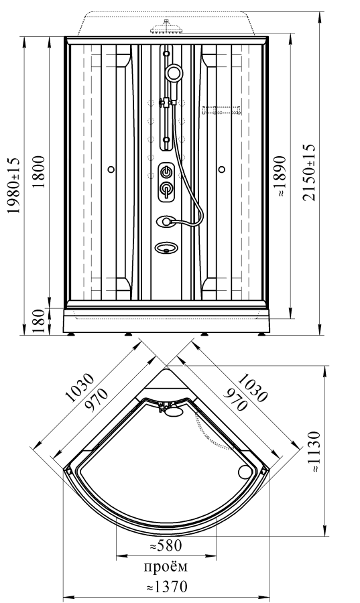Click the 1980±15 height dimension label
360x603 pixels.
(x=14, y=186)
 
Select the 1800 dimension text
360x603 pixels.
(x=38, y=172)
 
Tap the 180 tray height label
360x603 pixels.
(x=38, y=321)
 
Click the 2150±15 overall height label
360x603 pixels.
(x=308, y=173)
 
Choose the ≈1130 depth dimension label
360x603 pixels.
(x=314, y=452)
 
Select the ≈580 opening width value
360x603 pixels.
(x=165, y=545)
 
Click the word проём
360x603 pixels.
(x=166, y=567)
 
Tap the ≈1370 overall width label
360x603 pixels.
(x=167, y=587)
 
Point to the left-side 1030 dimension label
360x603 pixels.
(x=80, y=388)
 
